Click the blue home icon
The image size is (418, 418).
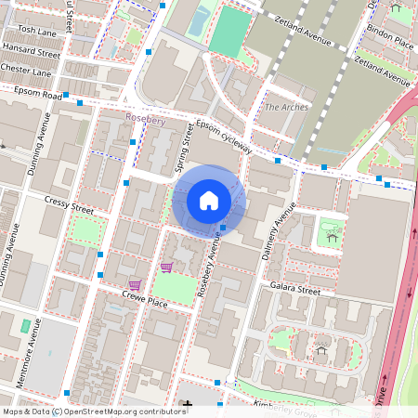pyautogui.click(x=209, y=200)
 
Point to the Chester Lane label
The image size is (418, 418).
pyautogui.click(x=26, y=72)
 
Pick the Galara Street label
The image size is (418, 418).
pyautogui.click(x=294, y=291)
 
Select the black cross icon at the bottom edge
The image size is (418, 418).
pyautogui.click(x=189, y=405)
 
